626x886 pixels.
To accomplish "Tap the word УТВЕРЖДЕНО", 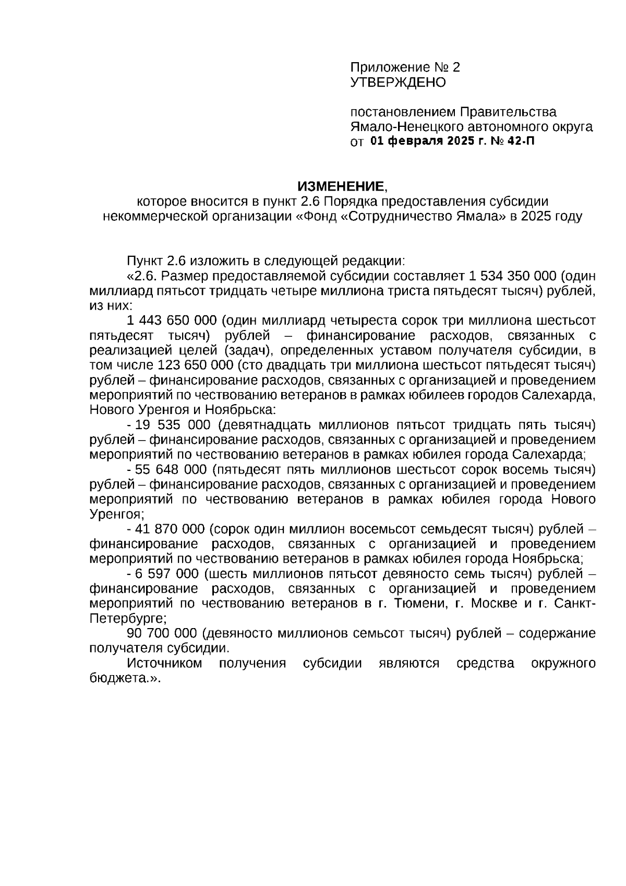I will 398,82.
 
